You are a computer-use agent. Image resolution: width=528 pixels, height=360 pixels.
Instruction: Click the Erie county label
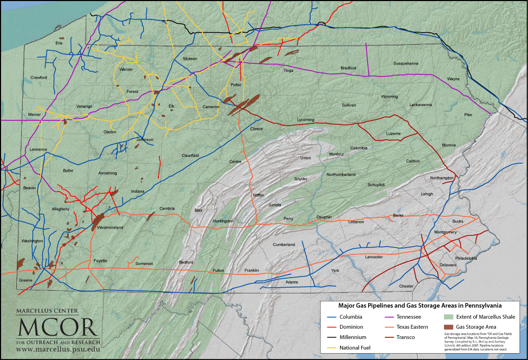coord(59,43)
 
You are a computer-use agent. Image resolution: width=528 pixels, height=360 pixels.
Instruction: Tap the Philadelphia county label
coord(466,259)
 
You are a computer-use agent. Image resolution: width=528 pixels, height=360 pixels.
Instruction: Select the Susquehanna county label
coord(406,63)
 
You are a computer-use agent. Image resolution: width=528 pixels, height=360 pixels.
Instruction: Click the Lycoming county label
coord(306,120)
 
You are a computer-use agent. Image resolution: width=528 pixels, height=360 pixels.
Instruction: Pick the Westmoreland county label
coord(110,228)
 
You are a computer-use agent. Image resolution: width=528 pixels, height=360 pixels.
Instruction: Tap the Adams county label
coord(291,282)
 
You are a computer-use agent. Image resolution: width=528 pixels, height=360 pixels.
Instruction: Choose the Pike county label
coord(468,115)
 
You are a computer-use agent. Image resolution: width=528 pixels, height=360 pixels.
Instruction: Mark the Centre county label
coord(235,162)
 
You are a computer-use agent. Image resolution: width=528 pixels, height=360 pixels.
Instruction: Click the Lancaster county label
coord(373,257)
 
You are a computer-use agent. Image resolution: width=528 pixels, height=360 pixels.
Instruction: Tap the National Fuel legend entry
coord(355,347)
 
